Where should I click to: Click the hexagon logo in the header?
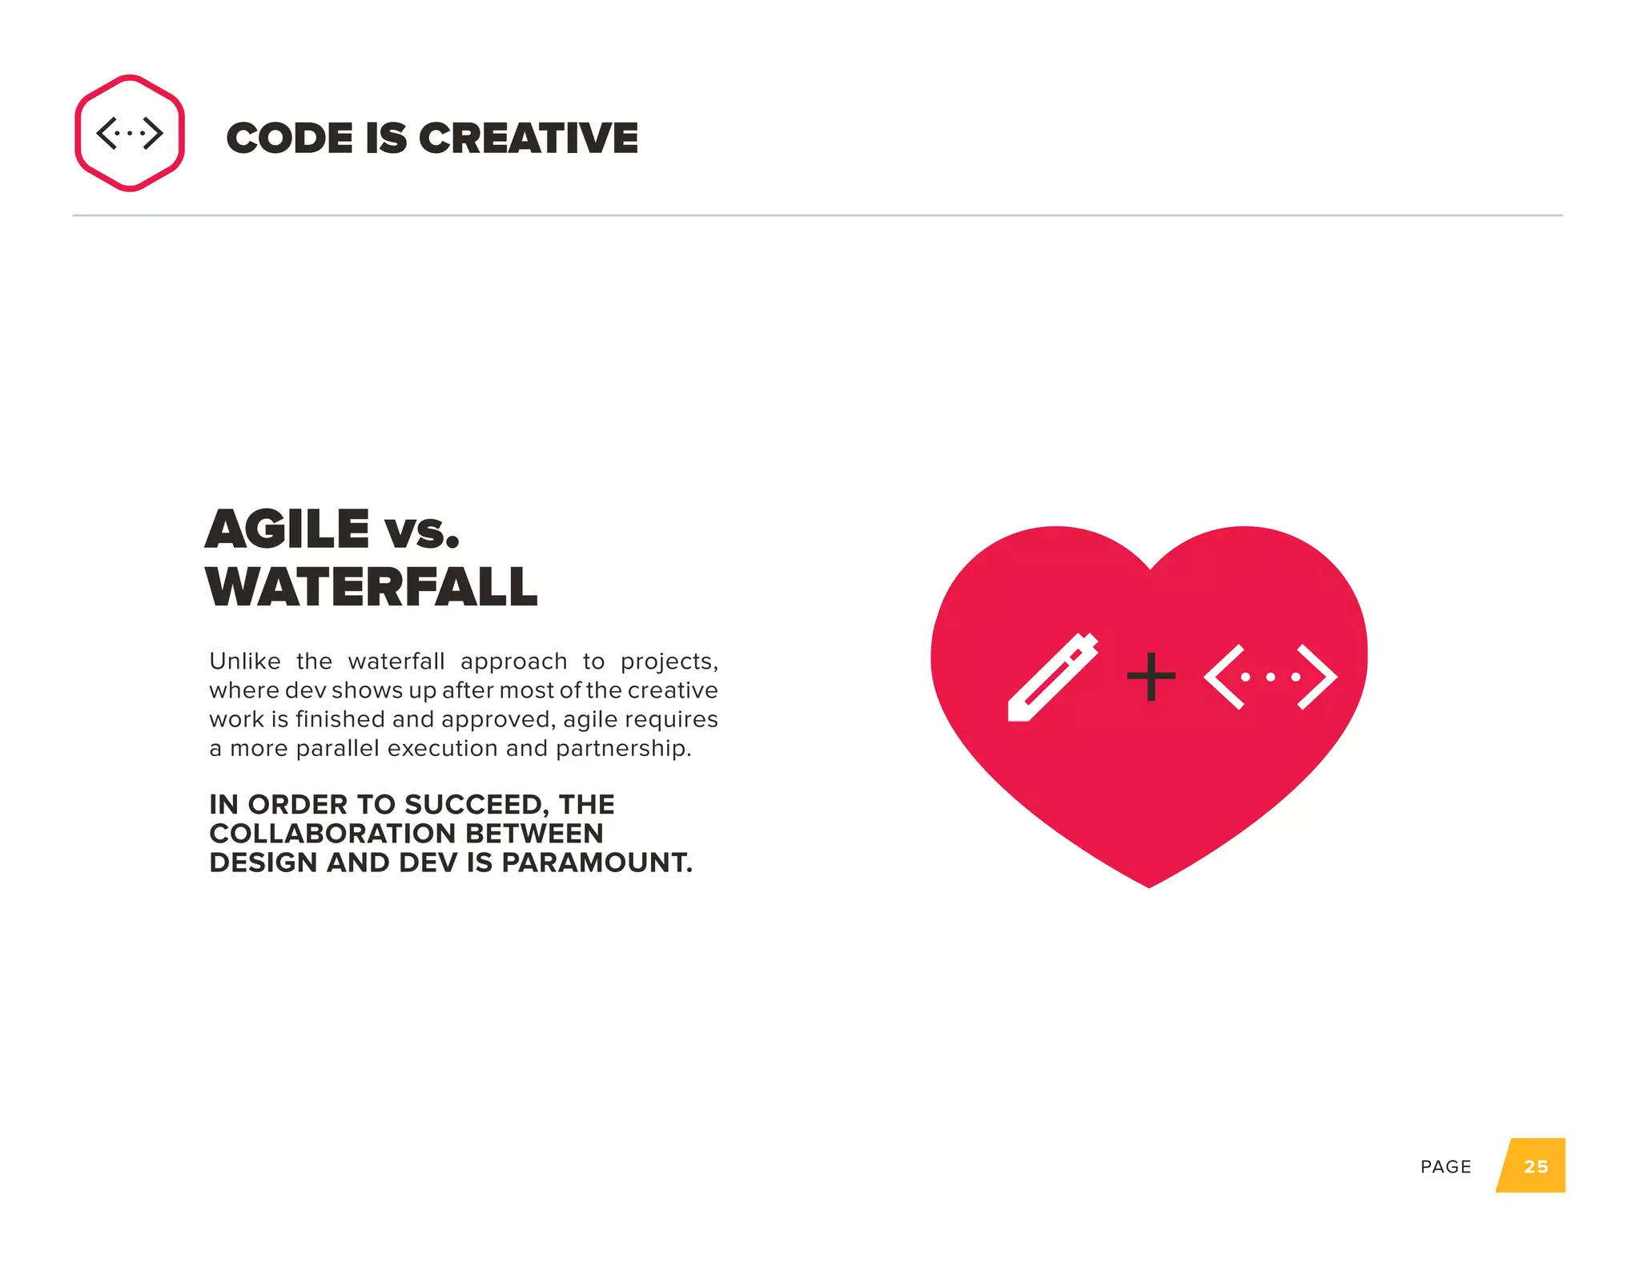tap(130, 133)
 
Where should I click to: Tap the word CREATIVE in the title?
tap(529, 139)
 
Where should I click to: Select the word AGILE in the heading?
tap(287, 529)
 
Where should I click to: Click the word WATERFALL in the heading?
tap(371, 587)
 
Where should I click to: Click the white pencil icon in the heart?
tap(1051, 678)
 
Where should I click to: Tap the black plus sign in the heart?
tap(1151, 677)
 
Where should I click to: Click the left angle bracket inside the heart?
tap(1224, 677)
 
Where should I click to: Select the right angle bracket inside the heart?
tap(1317, 677)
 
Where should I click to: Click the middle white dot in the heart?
tap(1271, 678)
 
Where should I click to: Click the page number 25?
tap(1535, 1166)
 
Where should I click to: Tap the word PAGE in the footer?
tap(1445, 1167)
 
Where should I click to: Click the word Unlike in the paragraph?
tap(245, 662)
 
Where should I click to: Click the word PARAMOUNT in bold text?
tap(597, 863)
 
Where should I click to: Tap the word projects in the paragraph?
tap(669, 662)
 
